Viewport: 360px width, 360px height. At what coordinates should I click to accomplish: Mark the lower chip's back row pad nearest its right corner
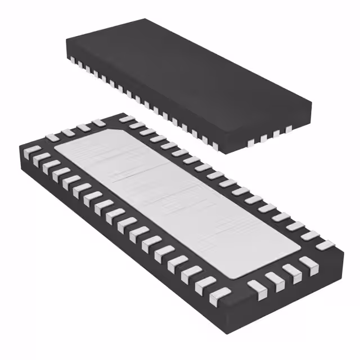pos(325,245)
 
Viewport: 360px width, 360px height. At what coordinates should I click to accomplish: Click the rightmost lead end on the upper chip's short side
pos(289,129)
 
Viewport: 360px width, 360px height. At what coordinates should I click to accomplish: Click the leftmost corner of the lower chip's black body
pos(19,147)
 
